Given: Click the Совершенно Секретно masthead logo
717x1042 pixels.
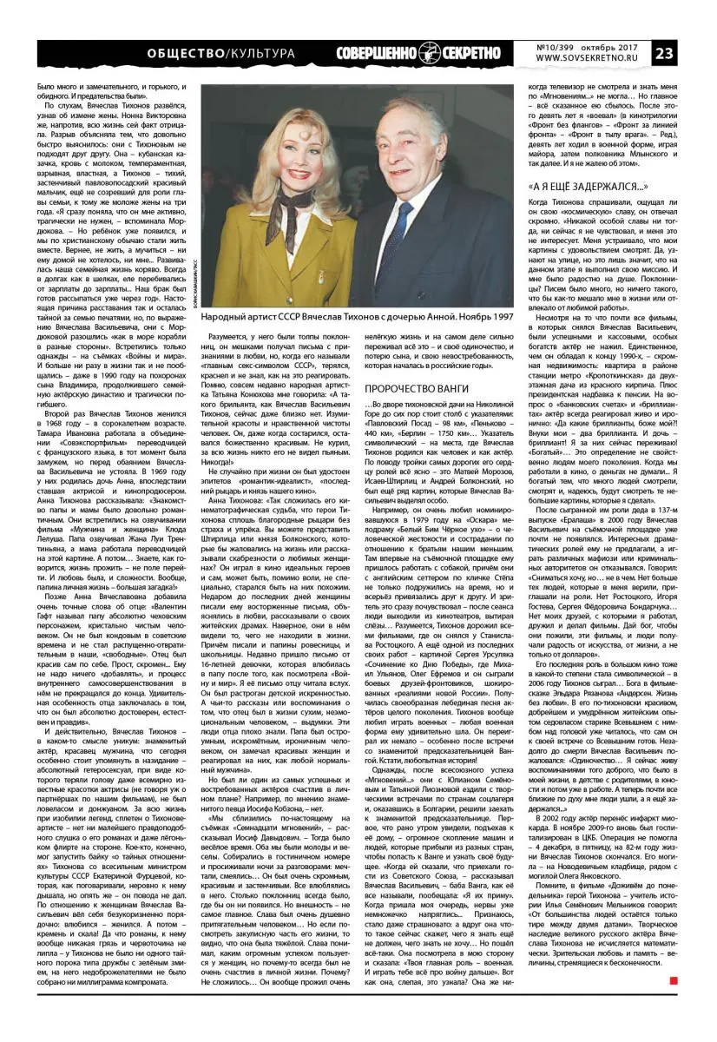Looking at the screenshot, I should click(419, 53).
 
